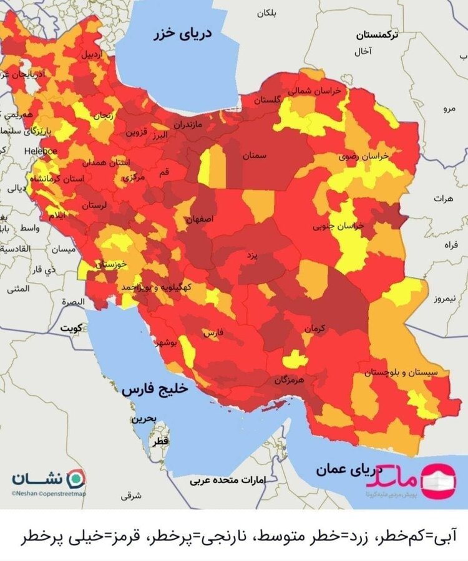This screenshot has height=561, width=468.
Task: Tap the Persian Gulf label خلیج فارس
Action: (x=154, y=389)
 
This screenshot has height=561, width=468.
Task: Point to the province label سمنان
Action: (x=255, y=156)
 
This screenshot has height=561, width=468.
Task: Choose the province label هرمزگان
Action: (x=288, y=379)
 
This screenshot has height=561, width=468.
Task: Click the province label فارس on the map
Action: (x=213, y=333)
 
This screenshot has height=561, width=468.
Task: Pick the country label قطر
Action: (x=158, y=442)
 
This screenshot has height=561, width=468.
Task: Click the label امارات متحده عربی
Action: (x=219, y=481)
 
